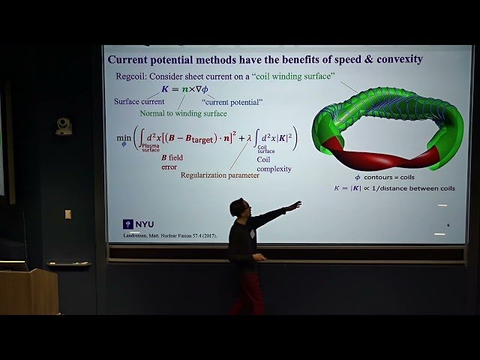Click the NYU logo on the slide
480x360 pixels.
click(139, 224)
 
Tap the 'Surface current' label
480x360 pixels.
click(139, 101)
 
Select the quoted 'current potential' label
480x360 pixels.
click(232, 101)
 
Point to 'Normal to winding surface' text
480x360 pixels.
click(183, 113)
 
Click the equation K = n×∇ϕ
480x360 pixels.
click(184, 89)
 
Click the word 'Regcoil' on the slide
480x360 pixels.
click(130, 75)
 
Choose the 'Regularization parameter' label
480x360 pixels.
click(220, 175)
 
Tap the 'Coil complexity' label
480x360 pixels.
click(274, 164)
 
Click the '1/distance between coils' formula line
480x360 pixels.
click(394, 188)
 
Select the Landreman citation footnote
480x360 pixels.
click(173, 235)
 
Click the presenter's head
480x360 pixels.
click(239, 208)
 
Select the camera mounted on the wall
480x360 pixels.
click(64, 126)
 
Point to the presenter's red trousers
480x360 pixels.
click(247, 292)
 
